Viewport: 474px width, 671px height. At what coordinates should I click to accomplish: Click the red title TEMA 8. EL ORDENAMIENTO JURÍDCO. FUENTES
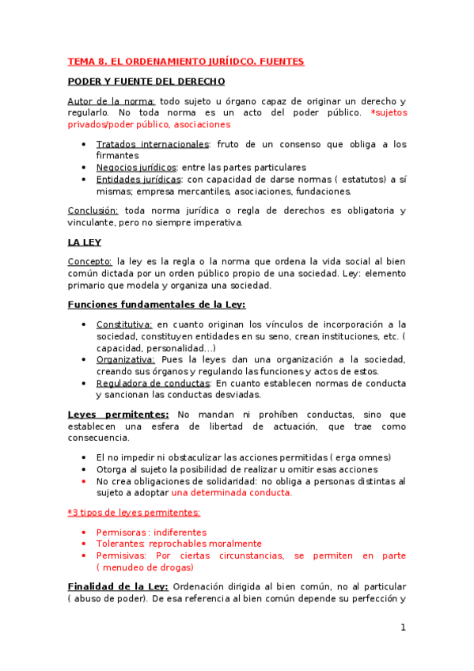point(185,61)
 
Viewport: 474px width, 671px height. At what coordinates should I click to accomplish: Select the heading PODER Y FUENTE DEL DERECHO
point(146,81)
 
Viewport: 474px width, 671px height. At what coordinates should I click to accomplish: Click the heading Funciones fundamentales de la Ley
point(157,305)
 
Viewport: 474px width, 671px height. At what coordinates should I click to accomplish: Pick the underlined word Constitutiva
point(124,324)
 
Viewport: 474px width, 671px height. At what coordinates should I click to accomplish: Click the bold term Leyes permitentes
point(118,415)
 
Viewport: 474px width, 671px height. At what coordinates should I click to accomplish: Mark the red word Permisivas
point(121,555)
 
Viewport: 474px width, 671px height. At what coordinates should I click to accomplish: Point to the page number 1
point(403,627)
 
